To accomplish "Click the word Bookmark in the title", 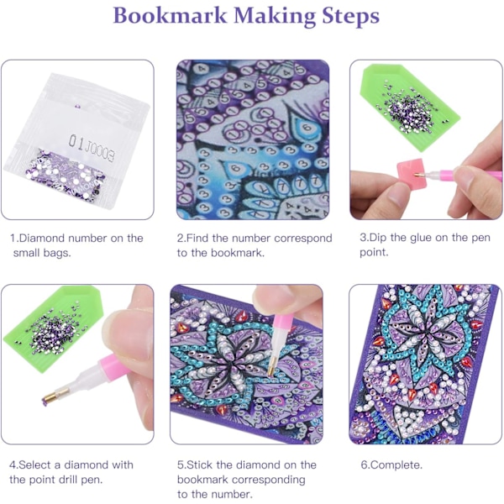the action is coord(170,15).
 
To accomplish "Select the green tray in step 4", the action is coord(53,328).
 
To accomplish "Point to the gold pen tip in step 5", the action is coord(272,369).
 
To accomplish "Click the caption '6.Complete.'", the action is coord(391,465).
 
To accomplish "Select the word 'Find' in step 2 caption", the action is coord(197,239).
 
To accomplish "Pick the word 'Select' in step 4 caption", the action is coord(35,465).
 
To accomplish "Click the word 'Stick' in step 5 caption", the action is coord(200,465).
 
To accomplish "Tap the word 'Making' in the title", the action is coord(275,16).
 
